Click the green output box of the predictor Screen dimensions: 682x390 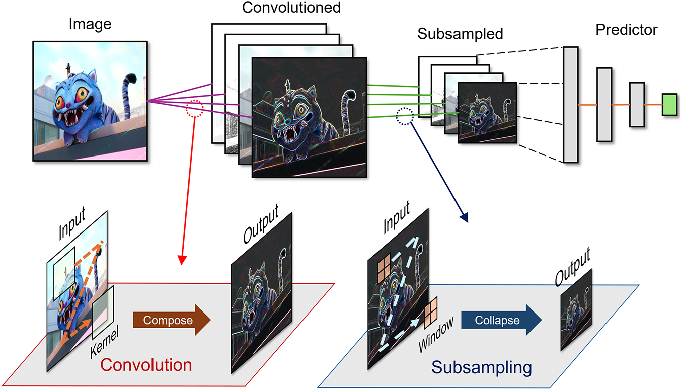click(669, 105)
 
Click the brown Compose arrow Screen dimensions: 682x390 click(172, 320)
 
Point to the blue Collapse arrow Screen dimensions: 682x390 click(501, 320)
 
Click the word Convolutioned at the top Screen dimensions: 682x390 click(291, 8)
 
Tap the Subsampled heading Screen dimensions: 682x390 click(460, 34)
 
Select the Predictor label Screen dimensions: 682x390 click(626, 30)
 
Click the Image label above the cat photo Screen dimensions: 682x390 click(90, 24)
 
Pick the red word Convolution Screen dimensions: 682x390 click(146, 365)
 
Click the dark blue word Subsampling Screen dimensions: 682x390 click(482, 367)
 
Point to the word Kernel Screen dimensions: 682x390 click(104, 342)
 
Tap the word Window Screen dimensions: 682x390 click(436, 334)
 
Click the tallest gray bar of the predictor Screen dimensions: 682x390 click(571, 105)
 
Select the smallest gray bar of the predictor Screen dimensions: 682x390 click(637, 105)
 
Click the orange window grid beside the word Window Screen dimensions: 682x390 click(431, 313)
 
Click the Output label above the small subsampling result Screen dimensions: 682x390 click(572, 267)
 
